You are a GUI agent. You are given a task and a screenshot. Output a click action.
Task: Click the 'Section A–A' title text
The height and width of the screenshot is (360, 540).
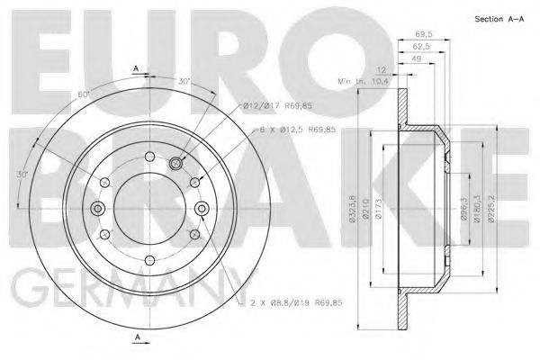click(x=499, y=19)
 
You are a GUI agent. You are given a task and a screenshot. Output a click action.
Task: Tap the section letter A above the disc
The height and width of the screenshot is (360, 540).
click(x=136, y=68)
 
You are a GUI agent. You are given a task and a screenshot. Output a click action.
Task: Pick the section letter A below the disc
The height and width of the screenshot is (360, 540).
click(x=136, y=337)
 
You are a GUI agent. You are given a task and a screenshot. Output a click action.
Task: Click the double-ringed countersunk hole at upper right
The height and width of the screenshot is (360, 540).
click(x=175, y=164)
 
